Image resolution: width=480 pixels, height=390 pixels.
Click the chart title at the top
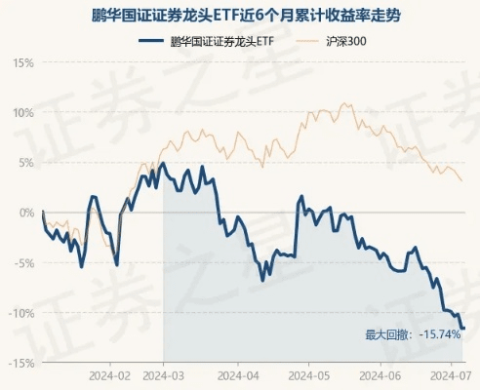240,17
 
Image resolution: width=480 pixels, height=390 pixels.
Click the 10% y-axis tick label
23,111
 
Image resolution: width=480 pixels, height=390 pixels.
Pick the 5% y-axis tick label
26,162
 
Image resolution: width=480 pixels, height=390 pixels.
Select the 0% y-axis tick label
26,212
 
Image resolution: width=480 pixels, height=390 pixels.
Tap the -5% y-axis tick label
24,262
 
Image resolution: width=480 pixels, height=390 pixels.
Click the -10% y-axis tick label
21,312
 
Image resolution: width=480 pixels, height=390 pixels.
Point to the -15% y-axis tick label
21,363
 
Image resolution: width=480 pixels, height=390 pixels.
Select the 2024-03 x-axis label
163,375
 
